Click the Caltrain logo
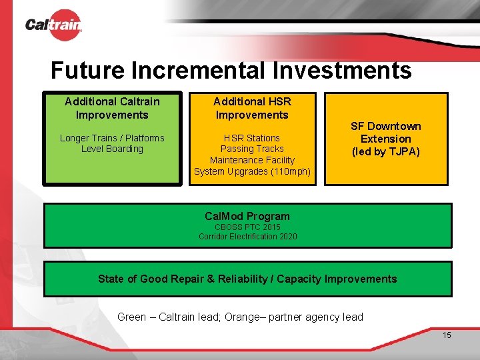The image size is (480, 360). coord(53,25)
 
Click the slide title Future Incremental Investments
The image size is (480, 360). coord(231,70)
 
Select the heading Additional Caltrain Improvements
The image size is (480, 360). coord(112,108)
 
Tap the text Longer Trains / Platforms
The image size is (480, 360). coord(112,138)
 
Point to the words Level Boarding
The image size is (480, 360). coord(112,149)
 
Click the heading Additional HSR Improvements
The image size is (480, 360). coord(252,108)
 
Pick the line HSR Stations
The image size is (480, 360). coord(252,138)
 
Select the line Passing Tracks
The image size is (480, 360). coord(252,149)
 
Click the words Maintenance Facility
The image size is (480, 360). coord(252,160)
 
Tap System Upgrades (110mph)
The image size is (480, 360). coord(252,171)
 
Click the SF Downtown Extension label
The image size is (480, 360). coord(386,133)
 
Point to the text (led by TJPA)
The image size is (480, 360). coord(386,151)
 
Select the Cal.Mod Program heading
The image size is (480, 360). coord(247,216)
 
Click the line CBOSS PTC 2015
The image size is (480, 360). coord(247,227)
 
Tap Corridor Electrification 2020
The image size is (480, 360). coord(247,237)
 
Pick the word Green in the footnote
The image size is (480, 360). coord(132,317)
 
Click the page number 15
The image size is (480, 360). coord(447,335)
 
